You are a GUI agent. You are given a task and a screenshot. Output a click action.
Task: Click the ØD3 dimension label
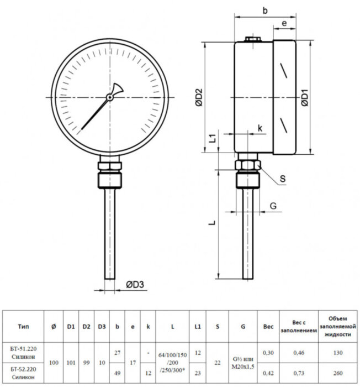pos(135,285)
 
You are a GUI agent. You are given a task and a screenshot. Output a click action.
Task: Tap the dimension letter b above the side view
pos(266,10)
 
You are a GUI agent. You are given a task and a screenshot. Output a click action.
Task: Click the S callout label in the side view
pos(282,179)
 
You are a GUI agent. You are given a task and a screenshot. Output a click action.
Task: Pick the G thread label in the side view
pos(273,206)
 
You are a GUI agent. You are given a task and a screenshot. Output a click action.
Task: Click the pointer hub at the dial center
pos(110,97)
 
